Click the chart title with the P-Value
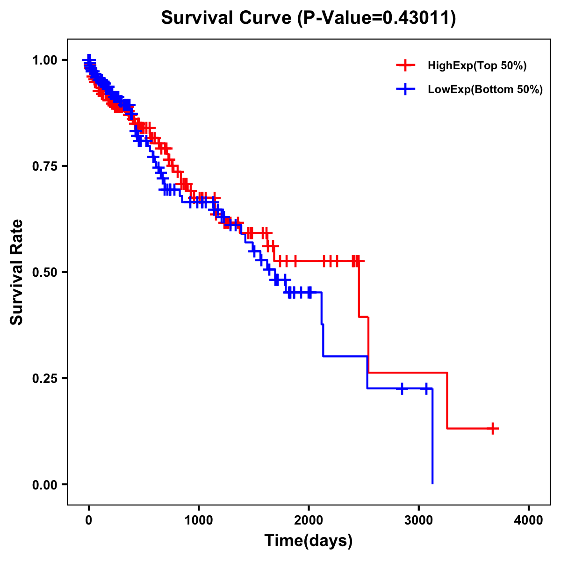click(308, 18)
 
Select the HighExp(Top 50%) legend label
click(477, 66)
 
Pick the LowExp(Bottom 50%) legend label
click(485, 90)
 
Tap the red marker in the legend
click(405, 65)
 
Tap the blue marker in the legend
click(405, 89)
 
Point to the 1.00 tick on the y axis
click(44, 60)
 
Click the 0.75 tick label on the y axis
click(44, 166)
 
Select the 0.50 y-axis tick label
click(44, 273)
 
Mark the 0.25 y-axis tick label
click(44, 379)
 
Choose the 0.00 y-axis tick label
click(44, 485)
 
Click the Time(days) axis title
click(309, 541)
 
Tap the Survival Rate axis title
click(17, 272)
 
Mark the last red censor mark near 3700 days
click(493, 428)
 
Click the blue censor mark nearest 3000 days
click(426, 388)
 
